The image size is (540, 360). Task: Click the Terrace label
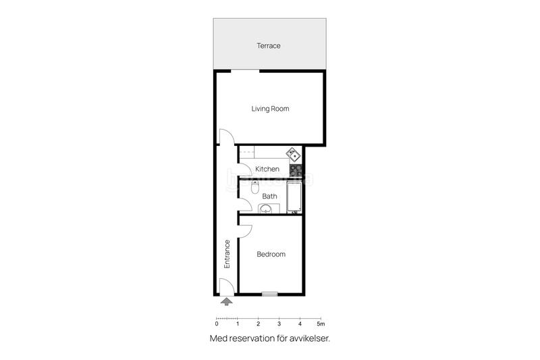point(268,46)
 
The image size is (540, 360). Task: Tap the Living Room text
point(270,109)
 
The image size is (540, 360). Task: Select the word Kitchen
point(267,169)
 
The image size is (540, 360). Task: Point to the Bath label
point(269,197)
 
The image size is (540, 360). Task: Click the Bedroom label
point(271,255)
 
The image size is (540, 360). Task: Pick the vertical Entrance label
point(227,254)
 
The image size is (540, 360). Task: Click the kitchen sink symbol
point(294,153)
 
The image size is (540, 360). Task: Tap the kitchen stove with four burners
point(295,170)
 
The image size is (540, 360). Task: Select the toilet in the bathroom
point(255,186)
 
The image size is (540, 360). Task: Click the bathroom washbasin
point(268,207)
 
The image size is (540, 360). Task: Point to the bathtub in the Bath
point(294,197)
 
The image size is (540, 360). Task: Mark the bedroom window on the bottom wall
point(270,294)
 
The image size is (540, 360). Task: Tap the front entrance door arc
point(227,286)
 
